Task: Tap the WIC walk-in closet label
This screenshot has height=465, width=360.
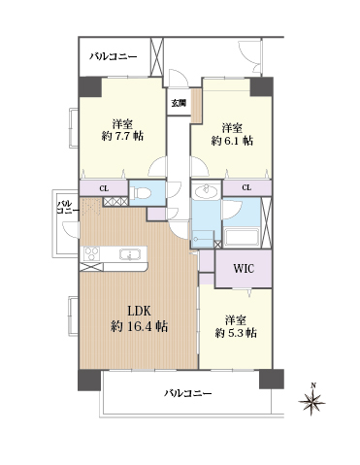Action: coord(244,269)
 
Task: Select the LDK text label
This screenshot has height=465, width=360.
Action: coord(139,312)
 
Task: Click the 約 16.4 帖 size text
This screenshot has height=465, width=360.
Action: coord(139,326)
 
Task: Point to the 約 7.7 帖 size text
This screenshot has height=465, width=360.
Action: coord(122,136)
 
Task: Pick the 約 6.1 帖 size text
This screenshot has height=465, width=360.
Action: coord(232,141)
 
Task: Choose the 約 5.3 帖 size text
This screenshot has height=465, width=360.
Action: coord(236,333)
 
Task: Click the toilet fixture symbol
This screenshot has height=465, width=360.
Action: coord(142,193)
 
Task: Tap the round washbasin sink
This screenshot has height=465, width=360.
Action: coord(206,191)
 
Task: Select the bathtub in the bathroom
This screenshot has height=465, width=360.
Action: coord(242,238)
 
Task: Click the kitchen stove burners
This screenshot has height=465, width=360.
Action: coord(91,253)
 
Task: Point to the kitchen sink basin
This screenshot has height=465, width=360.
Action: coord(130,254)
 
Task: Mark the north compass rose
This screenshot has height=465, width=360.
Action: coord(311,401)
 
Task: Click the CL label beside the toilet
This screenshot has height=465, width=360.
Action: coord(104,188)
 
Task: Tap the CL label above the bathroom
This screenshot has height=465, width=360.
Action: coord(246,187)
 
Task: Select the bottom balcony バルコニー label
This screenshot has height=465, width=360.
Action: coord(188,393)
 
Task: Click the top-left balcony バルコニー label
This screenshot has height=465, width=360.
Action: coord(114,57)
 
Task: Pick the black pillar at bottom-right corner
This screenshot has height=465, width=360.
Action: coord(272,379)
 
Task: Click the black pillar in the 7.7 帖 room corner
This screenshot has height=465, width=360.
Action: coord(90,86)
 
